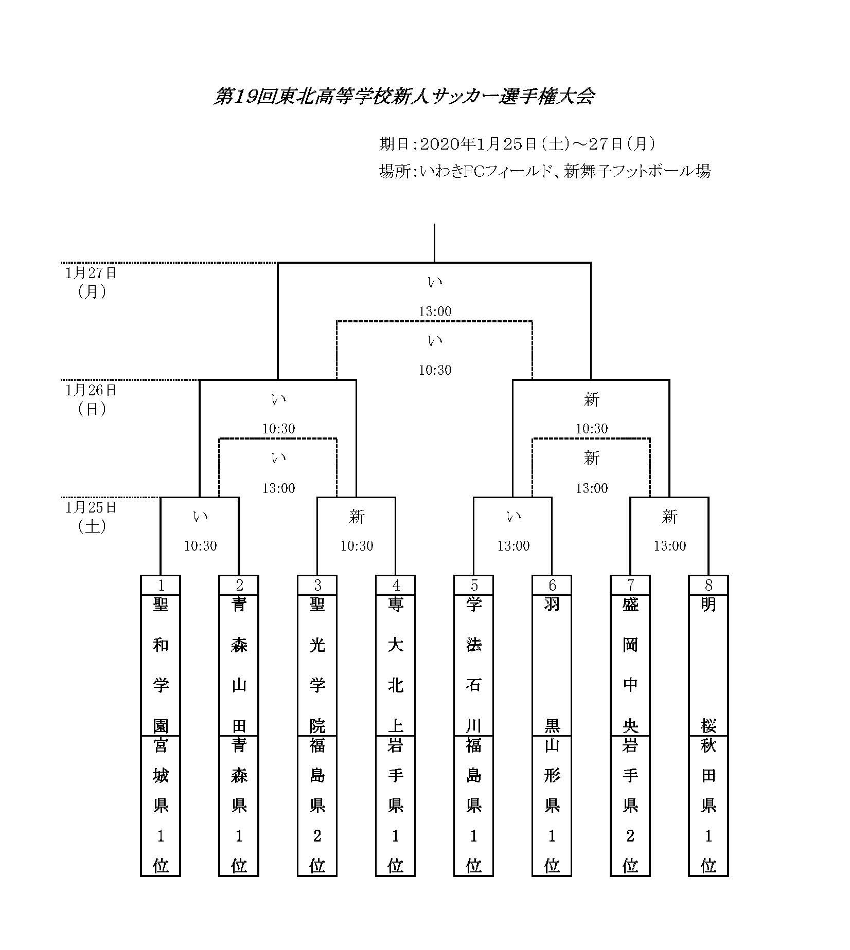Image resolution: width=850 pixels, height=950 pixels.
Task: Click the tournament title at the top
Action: pyautogui.click(x=404, y=96)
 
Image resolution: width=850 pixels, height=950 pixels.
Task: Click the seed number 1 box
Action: pyautogui.click(x=161, y=585)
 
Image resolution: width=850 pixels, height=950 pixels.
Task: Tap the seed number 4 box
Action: pyautogui.click(x=395, y=585)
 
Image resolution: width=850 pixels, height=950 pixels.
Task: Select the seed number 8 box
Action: pyautogui.click(x=709, y=585)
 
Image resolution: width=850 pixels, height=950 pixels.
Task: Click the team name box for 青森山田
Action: pyautogui.click(x=239, y=665)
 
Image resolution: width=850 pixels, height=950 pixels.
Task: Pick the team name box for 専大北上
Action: pyautogui.click(x=395, y=665)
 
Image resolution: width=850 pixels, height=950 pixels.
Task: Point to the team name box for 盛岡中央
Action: pyautogui.click(x=630, y=665)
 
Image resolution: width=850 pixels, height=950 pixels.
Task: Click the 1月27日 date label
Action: pyautogui.click(x=91, y=272)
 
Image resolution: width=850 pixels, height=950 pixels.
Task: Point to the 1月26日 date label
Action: pyautogui.click(x=91, y=390)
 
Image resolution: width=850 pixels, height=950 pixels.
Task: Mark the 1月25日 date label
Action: pyautogui.click(x=91, y=507)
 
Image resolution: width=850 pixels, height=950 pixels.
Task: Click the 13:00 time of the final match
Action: pyautogui.click(x=435, y=312)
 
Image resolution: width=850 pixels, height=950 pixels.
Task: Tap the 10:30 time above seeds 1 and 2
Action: pyautogui.click(x=201, y=546)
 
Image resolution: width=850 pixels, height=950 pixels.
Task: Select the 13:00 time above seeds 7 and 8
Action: pyautogui.click(x=670, y=546)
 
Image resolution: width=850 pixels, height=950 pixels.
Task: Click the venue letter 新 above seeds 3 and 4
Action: pyautogui.click(x=357, y=517)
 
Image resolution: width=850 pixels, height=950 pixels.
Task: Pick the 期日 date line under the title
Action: pyautogui.click(x=517, y=144)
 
